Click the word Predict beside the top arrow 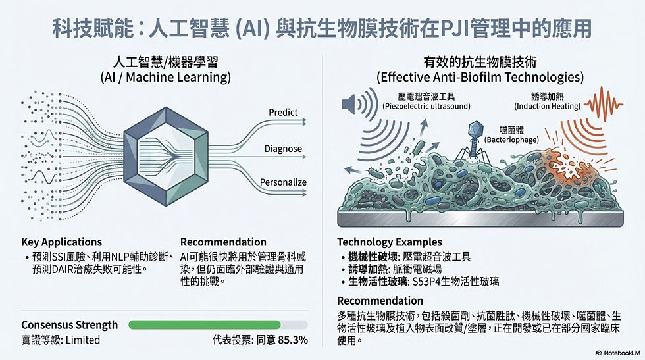(x=283, y=113)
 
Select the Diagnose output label (x=283, y=148)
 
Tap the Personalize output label (x=284, y=182)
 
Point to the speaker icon (x=353, y=105)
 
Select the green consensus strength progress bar (x=204, y=324)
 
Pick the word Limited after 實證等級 (x=83, y=340)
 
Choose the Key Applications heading (x=62, y=242)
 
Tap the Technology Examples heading (x=390, y=242)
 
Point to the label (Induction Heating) (x=546, y=106)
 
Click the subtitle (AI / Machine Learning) (x=165, y=78)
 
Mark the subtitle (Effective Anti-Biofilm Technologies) (x=480, y=78)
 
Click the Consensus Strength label (x=70, y=325)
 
